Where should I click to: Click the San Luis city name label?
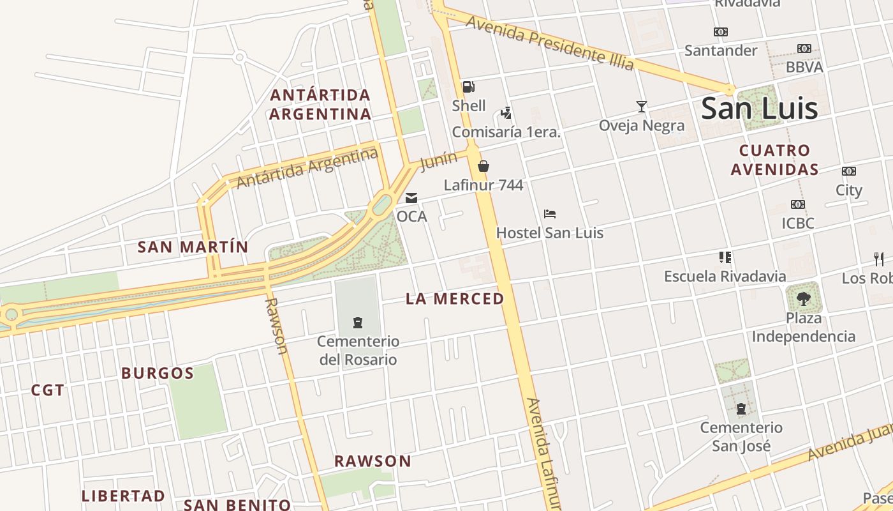[759, 109]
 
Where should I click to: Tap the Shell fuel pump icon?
[468, 87]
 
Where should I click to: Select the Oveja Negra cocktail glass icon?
[642, 106]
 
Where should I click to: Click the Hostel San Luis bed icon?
[550, 213]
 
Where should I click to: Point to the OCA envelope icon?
[411, 198]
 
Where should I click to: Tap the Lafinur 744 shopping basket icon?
[483, 166]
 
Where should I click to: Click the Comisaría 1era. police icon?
[506, 113]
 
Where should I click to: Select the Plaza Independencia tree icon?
[803, 297]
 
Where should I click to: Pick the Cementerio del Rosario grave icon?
[358, 323]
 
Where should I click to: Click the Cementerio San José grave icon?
[741, 409]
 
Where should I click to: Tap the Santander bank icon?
[721, 32]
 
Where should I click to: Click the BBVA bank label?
[804, 67]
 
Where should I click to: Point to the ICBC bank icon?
[798, 204]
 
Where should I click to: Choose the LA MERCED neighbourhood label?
[455, 298]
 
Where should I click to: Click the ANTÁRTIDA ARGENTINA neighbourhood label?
[320, 105]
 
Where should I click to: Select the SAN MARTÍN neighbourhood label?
[193, 247]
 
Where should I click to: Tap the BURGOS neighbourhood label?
[158, 373]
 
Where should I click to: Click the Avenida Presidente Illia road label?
[550, 43]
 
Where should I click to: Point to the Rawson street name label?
[276, 325]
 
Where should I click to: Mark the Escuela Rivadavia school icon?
[725, 257]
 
